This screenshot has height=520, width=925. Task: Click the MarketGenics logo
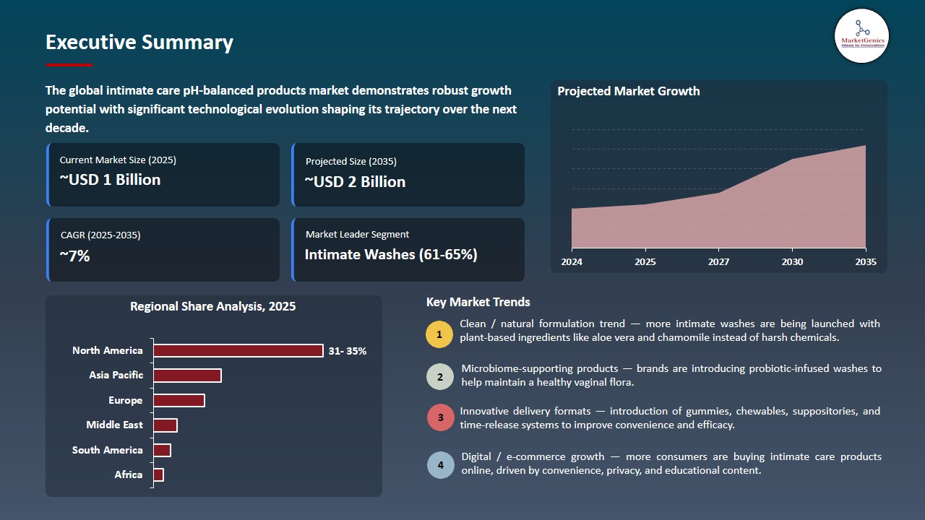click(x=861, y=35)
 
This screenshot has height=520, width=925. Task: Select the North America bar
click(x=238, y=350)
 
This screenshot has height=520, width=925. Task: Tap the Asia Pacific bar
click(x=187, y=376)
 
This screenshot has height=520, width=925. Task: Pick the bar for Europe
click(x=179, y=400)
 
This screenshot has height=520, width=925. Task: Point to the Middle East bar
click(x=165, y=425)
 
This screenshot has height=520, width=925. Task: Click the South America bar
click(x=162, y=450)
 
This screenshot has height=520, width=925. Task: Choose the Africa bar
click(x=159, y=474)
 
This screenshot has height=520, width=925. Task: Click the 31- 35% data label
click(x=348, y=351)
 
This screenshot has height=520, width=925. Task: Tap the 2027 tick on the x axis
click(x=718, y=261)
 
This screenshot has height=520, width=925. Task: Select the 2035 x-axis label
click(x=865, y=261)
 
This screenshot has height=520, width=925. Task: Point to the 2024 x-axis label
click(x=572, y=261)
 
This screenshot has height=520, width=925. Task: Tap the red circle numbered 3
click(x=440, y=418)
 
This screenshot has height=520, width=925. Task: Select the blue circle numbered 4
click(x=440, y=465)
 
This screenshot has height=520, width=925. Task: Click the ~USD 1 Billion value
click(x=110, y=180)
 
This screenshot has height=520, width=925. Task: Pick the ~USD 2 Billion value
click(x=355, y=182)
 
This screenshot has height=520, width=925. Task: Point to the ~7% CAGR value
click(x=74, y=256)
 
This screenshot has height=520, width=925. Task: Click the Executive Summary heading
click(x=139, y=43)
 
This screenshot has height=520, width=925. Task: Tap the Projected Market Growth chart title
click(x=629, y=91)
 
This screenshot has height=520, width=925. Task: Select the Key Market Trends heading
click(x=478, y=302)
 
